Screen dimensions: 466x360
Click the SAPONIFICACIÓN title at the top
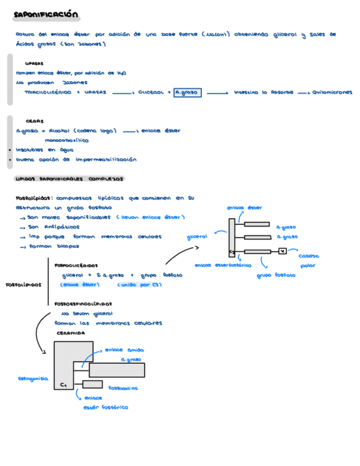[47, 15]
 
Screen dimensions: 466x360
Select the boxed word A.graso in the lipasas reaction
[187, 93]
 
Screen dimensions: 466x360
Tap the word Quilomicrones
[332, 93]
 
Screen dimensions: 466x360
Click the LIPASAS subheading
[35, 63]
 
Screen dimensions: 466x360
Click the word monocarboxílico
[67, 140]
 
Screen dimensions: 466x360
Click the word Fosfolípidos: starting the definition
[35, 198]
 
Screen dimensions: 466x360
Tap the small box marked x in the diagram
[282, 251]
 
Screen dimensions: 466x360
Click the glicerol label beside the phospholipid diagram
[197, 237]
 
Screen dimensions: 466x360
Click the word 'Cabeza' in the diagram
[309, 256]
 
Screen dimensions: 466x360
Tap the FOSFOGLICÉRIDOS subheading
[76, 265]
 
